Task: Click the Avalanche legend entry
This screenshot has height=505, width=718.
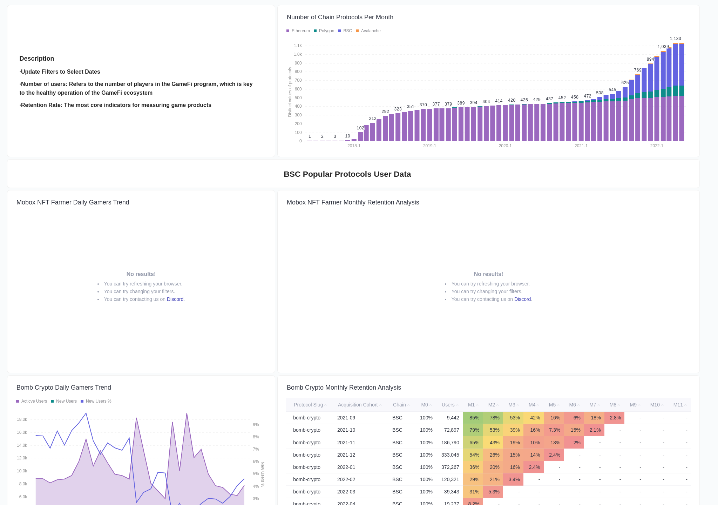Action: coord(370,31)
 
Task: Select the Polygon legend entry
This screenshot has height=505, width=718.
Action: coord(326,31)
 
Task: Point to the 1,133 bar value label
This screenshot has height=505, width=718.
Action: coord(675,39)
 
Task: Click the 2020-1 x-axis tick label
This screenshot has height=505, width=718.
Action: coord(505,146)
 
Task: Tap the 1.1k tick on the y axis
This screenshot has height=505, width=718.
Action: coord(298,46)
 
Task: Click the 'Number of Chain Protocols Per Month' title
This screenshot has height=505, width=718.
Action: coord(340,17)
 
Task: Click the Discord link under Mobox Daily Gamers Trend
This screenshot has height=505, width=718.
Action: coord(175,299)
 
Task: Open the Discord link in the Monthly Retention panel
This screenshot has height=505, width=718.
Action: coord(522,299)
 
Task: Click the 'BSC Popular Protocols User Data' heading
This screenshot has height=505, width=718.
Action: coord(347,174)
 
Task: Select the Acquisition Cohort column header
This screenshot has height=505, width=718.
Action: coord(358,405)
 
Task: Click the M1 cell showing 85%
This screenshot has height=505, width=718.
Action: coord(474,418)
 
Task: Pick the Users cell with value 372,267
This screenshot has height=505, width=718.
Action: coord(450,467)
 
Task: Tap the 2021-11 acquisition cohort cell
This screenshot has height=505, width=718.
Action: coord(346,443)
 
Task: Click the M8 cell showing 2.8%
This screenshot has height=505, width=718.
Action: coord(615,418)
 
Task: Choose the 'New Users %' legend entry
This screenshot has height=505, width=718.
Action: coord(98,401)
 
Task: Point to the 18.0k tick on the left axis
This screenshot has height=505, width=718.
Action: coord(22,419)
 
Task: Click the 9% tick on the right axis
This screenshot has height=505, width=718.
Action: coord(256,425)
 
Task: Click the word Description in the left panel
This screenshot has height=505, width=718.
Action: coord(37,59)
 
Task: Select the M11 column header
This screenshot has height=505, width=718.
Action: coord(678,405)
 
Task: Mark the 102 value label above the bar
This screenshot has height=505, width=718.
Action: coord(360,128)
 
